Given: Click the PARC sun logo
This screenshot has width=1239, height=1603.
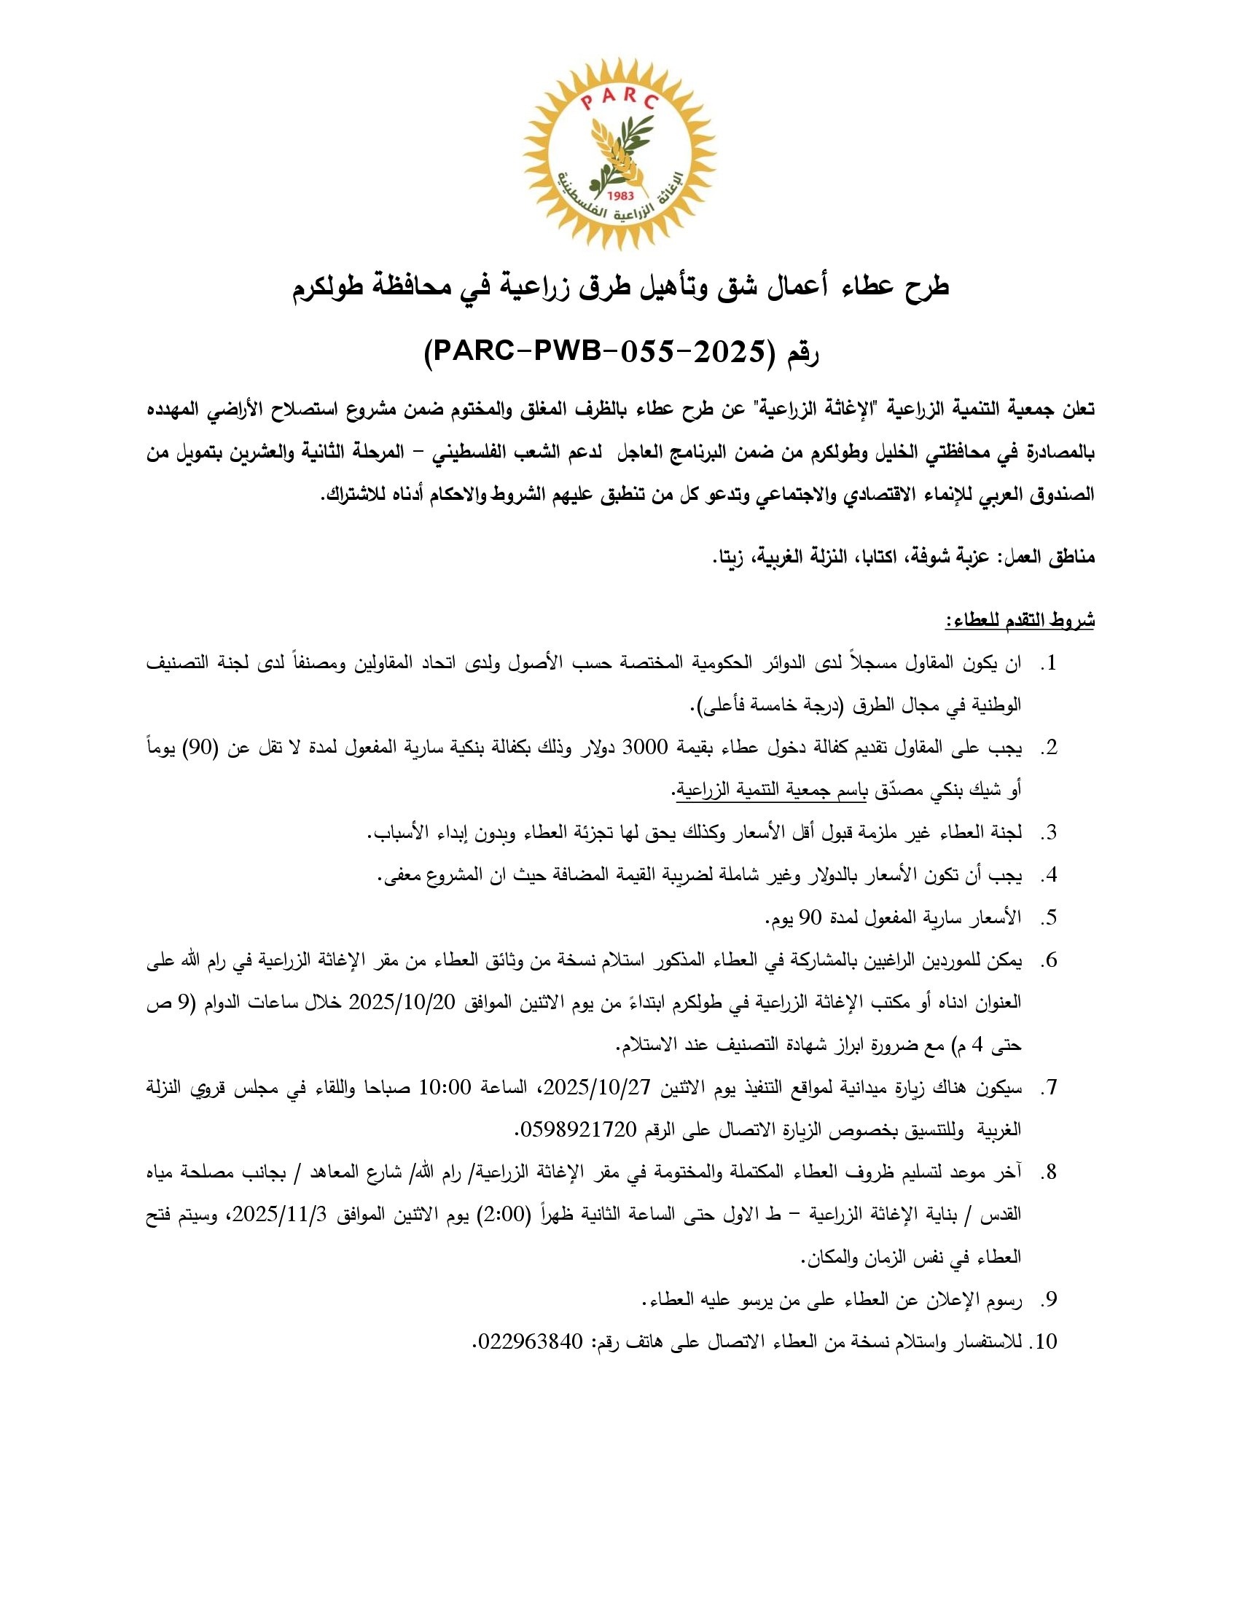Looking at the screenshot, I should pyautogui.click(x=619, y=154).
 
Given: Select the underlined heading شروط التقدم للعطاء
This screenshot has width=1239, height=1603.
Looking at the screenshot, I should pyautogui.click(x=1019, y=621).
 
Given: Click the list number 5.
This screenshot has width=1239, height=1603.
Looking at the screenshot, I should pyautogui.click(x=1050, y=917).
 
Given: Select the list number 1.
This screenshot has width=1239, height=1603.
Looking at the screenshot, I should pyautogui.click(x=1050, y=664).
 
